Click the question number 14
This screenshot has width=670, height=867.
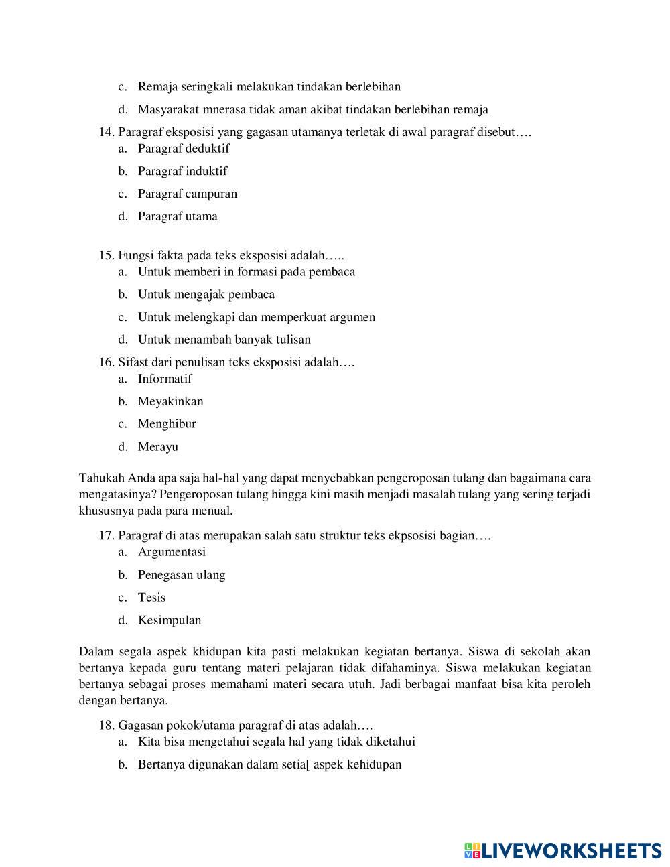pos(107,132)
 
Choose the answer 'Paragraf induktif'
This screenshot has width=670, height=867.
pos(182,172)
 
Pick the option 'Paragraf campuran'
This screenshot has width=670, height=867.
pos(188,194)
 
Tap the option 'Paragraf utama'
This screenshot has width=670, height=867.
pos(178,216)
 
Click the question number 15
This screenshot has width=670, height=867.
pos(107,255)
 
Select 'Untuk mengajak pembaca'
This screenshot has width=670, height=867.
pos(206,295)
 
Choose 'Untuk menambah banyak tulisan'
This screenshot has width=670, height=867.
pos(224,340)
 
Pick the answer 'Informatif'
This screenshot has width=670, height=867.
pos(165,379)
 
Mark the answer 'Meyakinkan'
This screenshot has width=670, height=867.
pos(171,402)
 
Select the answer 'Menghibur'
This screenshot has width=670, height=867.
pos(167,424)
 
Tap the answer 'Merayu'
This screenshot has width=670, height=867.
pos(158,447)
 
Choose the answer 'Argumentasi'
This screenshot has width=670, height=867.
pos(172,553)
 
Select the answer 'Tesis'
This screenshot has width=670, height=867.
pos(151,598)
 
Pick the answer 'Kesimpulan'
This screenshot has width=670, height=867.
pos(170,620)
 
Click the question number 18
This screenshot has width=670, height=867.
pos(107,726)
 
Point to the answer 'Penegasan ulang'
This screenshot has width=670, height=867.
pos(182,576)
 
